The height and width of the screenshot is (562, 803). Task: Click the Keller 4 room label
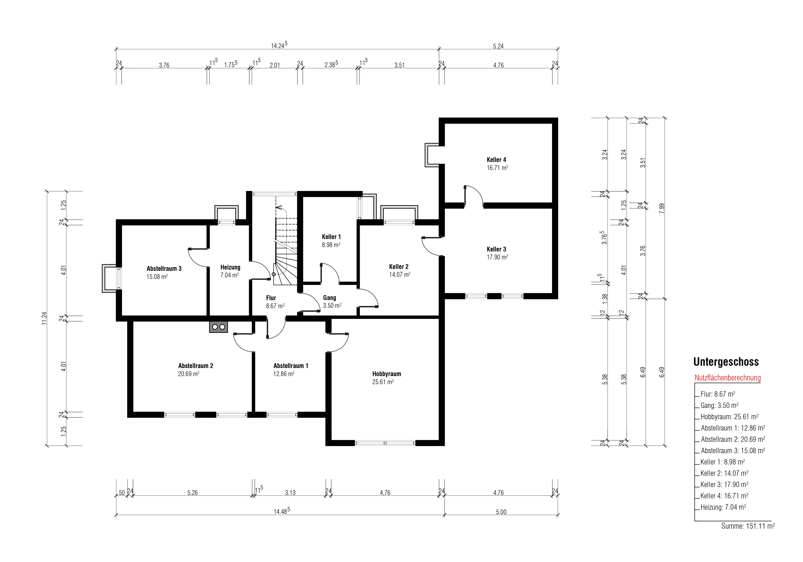coord(496,160)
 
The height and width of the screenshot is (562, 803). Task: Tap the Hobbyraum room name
coord(386,374)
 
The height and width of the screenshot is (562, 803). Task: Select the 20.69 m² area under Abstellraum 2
coord(188,374)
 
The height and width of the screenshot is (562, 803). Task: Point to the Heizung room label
coord(230,267)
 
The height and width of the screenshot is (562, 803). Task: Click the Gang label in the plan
coord(329,298)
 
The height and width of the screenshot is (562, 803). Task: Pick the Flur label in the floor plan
coord(271,298)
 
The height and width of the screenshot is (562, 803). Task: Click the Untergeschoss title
coord(726,362)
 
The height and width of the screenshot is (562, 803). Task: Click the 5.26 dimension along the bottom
coord(192,492)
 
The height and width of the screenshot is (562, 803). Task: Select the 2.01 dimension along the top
coord(275,65)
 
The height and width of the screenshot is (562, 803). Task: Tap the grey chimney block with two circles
coord(218,327)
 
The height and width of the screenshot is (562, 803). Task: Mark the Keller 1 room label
coord(331,237)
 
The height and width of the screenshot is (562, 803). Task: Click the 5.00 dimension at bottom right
coord(501,512)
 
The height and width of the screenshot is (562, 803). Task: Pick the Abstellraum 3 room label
coord(164,269)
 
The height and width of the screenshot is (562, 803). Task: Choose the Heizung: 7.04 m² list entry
coord(723,507)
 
